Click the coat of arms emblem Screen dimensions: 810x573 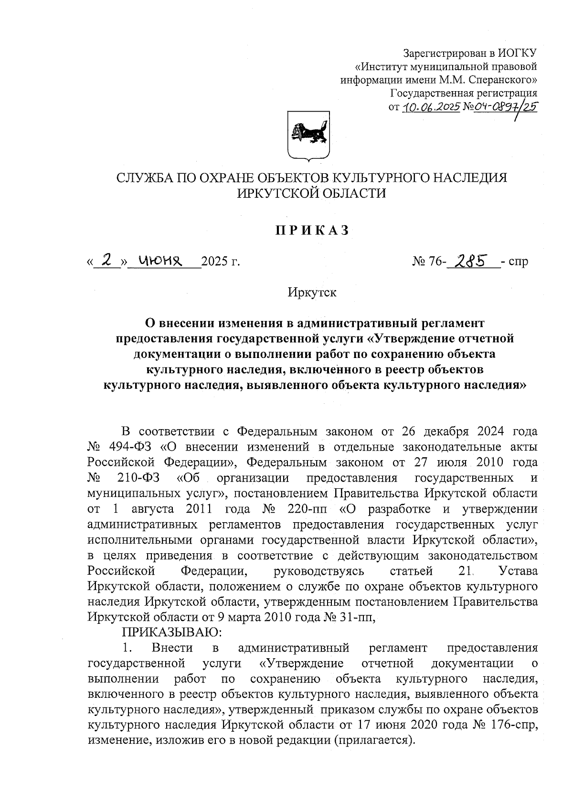308,135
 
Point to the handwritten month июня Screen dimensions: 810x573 161,261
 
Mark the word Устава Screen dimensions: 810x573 518,571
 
